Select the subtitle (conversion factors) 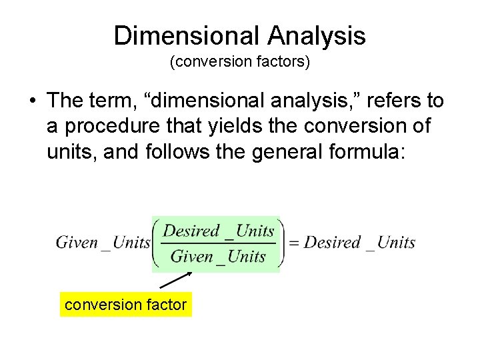click(x=239, y=63)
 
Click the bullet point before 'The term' click(x=32, y=101)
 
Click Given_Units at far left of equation click(x=103, y=243)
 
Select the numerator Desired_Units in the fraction click(x=219, y=231)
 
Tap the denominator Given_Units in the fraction click(x=218, y=257)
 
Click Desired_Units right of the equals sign click(x=359, y=243)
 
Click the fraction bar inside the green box click(x=219, y=244)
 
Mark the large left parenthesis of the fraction click(x=158, y=243)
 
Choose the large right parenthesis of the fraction click(x=280, y=243)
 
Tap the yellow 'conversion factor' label click(x=125, y=305)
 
